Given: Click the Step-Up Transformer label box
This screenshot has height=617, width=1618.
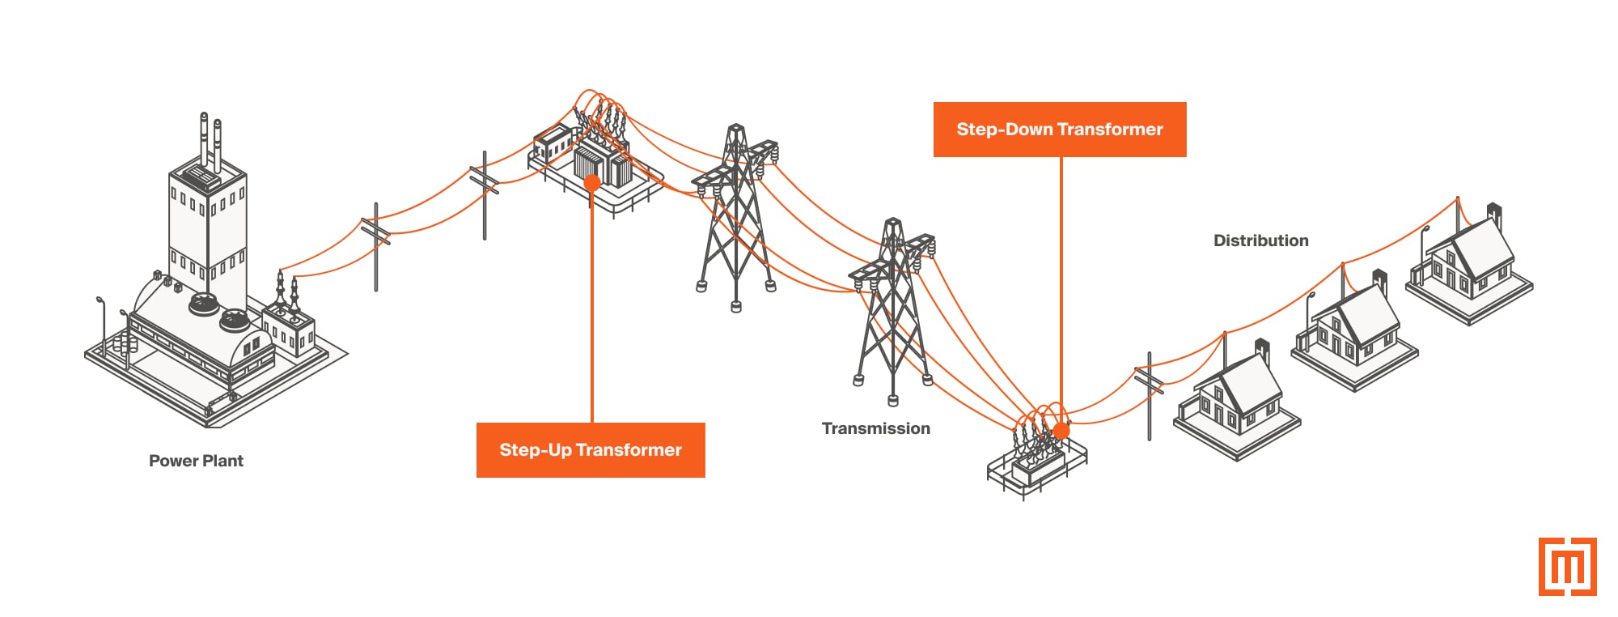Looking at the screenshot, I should point(591,450).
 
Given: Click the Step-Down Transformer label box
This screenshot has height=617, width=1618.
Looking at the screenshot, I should point(1060,130).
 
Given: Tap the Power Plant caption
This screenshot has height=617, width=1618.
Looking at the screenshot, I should point(196,461).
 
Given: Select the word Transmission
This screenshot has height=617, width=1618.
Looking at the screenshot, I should point(875,428).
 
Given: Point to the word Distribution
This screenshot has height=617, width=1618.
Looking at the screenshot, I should point(1260,240).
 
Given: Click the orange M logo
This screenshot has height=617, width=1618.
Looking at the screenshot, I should point(1567,567).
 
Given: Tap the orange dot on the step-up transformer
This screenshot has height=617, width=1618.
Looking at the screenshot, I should point(592,183).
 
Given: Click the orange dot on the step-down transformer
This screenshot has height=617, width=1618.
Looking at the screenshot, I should point(1061,430).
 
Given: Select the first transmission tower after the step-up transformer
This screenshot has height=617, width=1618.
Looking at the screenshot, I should point(735,219).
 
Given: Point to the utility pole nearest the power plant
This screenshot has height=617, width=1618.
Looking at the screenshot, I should point(375,247).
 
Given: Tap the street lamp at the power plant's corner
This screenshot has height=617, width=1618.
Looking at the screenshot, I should point(102,324).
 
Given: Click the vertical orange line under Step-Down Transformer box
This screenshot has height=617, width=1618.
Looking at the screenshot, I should point(1061,283).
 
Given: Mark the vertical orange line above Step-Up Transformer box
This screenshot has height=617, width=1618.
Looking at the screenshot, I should point(592,308).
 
